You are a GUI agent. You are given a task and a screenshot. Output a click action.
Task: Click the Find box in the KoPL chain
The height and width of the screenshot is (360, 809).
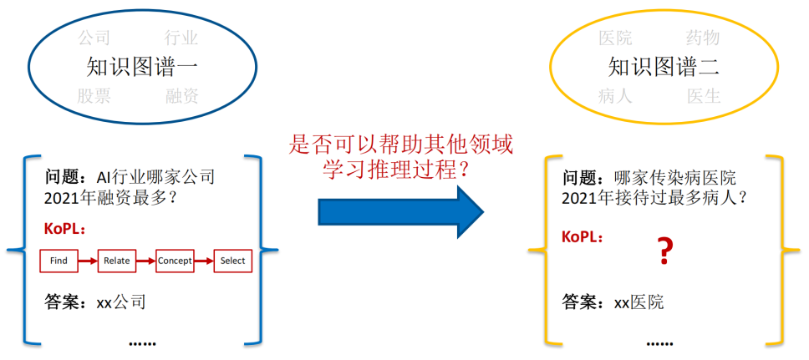coord(59,261)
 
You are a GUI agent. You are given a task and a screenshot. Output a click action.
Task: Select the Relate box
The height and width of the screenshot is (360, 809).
coord(116,261)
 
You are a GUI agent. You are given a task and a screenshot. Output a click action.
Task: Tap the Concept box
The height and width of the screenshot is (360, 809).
coord(175,261)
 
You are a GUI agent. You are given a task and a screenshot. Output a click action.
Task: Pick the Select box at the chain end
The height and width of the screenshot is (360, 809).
coord(232,261)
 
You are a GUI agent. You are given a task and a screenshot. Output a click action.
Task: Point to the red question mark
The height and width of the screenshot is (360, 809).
coord(664,251)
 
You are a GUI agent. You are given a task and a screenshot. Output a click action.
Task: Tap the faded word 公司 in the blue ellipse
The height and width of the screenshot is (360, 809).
coord(94,38)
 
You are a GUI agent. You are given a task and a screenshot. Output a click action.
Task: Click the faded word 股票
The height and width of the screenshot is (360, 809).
coord(94,95)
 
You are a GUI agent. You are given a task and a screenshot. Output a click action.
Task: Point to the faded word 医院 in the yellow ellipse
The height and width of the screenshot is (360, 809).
coord(616,38)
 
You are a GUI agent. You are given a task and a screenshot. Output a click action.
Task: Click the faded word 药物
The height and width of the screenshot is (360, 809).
coord(703,38)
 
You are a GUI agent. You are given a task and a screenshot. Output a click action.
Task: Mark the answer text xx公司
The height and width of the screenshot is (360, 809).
coord(120,302)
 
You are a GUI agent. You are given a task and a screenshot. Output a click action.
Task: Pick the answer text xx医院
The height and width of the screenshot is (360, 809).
coord(639,302)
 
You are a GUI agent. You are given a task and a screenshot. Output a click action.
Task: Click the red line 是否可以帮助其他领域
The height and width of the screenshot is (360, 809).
coord(399,144)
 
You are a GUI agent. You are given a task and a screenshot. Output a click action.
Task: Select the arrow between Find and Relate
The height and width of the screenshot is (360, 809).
coord(87,261)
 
